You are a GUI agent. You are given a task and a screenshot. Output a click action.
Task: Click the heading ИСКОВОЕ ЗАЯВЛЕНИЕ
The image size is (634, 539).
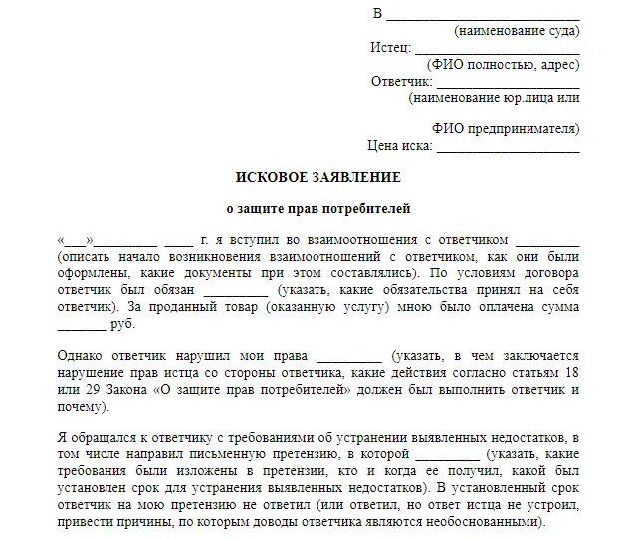(317, 177)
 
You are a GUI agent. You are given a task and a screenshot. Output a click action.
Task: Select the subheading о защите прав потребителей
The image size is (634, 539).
(317, 209)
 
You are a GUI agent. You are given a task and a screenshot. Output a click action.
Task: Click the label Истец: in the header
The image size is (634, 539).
(390, 48)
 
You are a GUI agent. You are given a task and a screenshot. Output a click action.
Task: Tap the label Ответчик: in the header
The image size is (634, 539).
(401, 81)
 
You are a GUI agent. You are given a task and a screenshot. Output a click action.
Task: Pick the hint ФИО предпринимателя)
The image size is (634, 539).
(506, 129)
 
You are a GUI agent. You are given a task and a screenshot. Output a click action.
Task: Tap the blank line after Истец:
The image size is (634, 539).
(497, 48)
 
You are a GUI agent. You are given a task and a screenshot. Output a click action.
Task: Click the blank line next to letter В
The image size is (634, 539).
(482, 15)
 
